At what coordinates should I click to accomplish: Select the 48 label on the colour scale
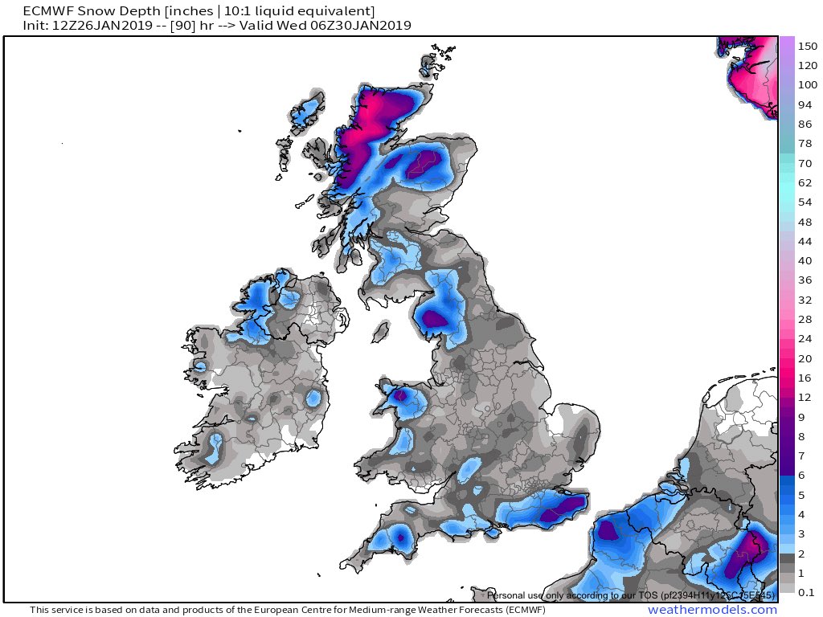click(x=805, y=222)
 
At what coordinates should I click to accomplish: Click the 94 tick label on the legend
click(x=805, y=105)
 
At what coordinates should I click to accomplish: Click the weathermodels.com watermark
click(x=712, y=610)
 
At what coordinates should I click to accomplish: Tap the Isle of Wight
click(x=491, y=527)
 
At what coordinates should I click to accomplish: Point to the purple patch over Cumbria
click(x=436, y=319)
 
